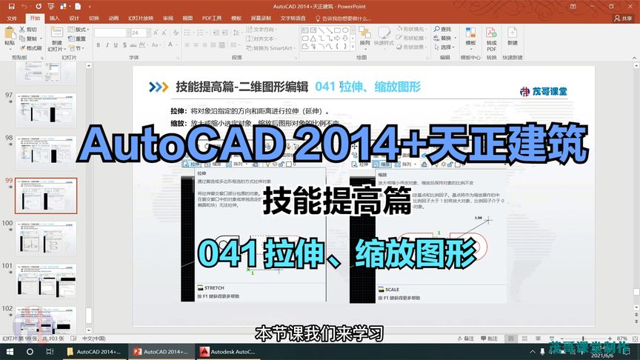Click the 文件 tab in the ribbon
click(11, 18)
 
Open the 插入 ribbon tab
click(55, 18)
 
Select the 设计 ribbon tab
click(74, 18)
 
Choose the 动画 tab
click(113, 18)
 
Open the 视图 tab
click(187, 18)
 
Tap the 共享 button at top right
click(626, 18)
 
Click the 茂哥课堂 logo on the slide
click(549, 91)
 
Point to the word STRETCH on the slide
click(214, 288)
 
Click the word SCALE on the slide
click(392, 290)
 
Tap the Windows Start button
click(10, 352)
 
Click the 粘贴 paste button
click(10, 37)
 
